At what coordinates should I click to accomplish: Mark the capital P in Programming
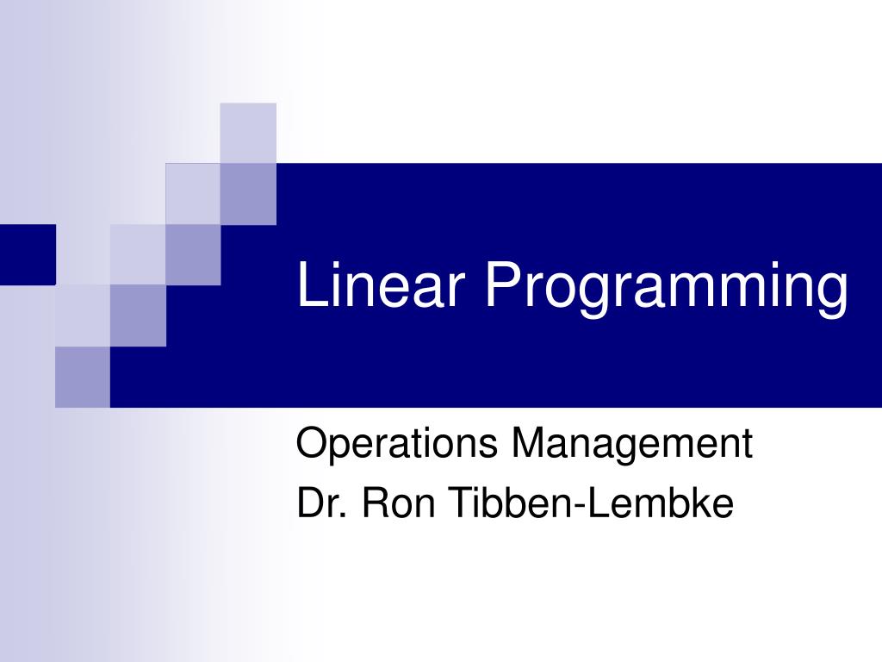[501, 286]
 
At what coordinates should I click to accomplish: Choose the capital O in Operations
[309, 445]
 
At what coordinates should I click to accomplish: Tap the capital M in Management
[527, 445]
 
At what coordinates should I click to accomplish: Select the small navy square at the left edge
[28, 254]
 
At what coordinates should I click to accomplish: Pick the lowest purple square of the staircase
[83, 377]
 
